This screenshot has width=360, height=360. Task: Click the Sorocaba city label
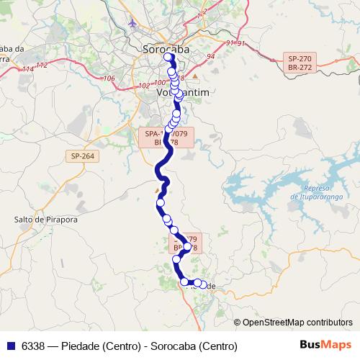click(x=161, y=50)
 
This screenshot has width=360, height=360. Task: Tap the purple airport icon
click(x=132, y=23)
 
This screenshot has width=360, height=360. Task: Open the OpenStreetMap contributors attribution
click(x=297, y=323)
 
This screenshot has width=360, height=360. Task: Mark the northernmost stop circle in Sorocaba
click(x=168, y=57)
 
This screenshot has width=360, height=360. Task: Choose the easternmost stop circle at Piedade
click(x=202, y=284)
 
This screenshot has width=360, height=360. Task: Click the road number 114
click(x=28, y=68)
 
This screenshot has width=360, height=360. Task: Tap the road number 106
click(x=109, y=78)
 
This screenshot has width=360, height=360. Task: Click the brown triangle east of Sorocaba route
click(x=194, y=76)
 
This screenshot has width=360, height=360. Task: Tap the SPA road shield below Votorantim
click(x=167, y=138)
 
